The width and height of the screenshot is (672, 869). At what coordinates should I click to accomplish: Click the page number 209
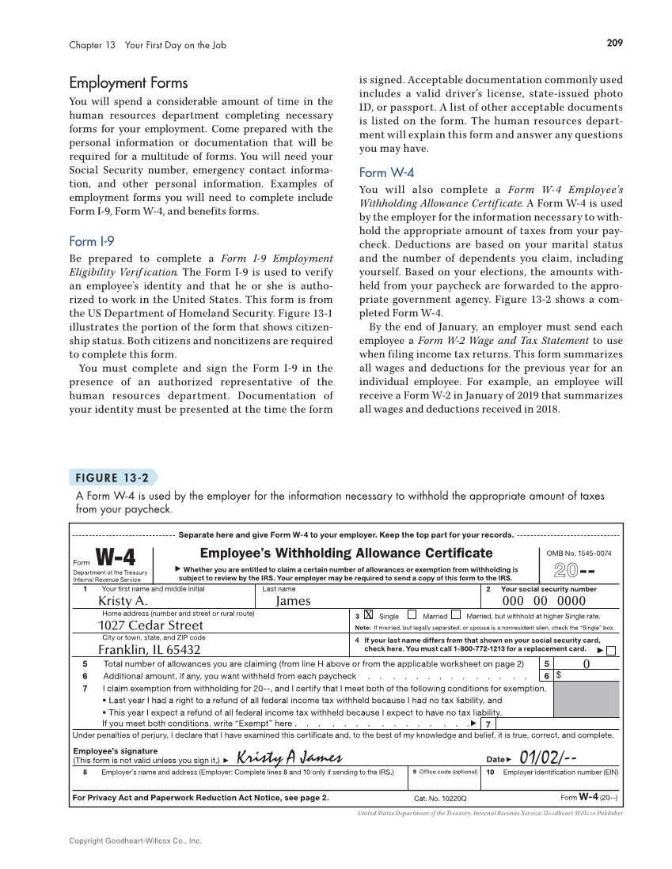[x=614, y=44]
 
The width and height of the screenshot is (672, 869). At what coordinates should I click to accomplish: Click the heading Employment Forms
[x=128, y=83]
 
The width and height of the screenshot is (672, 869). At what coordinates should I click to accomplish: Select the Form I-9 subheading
[x=92, y=241]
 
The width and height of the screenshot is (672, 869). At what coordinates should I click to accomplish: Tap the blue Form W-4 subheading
[x=386, y=172]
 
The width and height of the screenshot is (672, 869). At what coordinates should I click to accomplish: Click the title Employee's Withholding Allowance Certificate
[x=346, y=553]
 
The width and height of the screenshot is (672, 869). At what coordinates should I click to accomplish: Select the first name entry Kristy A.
[x=123, y=601]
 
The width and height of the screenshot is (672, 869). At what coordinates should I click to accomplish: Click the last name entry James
[x=293, y=601]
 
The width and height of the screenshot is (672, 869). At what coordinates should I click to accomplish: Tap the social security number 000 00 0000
[x=538, y=601]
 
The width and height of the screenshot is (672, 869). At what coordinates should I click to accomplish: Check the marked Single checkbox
[x=368, y=615]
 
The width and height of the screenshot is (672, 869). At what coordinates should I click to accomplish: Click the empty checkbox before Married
[x=412, y=615]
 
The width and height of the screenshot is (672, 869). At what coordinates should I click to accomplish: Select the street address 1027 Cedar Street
[x=150, y=625]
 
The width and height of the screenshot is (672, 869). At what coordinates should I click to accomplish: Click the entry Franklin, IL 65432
[x=149, y=650]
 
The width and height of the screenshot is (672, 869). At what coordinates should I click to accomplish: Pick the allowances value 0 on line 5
[x=585, y=663]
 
